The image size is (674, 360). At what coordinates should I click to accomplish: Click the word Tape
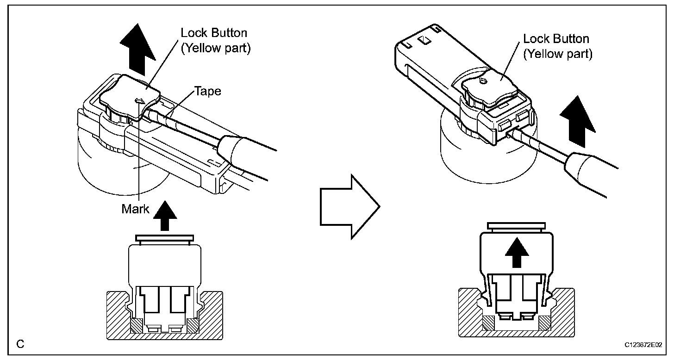click(208, 92)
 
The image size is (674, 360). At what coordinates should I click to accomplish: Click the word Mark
click(135, 209)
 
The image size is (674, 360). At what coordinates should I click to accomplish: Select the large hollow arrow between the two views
click(349, 206)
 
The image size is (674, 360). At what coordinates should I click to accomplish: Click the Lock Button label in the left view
click(214, 33)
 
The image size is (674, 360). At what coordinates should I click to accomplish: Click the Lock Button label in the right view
click(556, 39)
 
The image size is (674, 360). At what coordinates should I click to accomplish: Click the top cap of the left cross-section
click(164, 238)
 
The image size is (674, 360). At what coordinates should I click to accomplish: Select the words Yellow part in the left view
click(215, 48)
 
